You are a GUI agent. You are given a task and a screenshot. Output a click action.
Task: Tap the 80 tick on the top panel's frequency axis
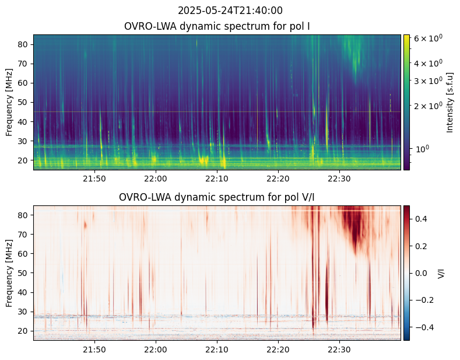pos(24,44)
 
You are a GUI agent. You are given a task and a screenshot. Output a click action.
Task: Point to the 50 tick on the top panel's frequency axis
pos(24,102)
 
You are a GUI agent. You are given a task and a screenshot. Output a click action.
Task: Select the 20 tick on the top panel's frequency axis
pos(24,160)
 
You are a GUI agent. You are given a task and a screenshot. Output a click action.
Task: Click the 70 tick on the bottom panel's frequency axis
pos(24,235)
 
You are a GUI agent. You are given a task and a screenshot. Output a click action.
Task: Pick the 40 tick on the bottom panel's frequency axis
pos(24,292)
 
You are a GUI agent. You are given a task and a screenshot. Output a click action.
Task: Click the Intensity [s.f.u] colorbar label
pos(450,102)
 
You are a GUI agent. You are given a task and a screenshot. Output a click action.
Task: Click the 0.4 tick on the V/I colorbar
pos(422,219)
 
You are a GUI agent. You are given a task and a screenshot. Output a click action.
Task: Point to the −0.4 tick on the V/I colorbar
pos(424,327)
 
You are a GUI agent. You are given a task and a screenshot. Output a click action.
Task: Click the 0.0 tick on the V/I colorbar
pos(422,272)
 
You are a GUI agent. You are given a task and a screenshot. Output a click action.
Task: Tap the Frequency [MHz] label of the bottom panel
pos(9,272)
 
